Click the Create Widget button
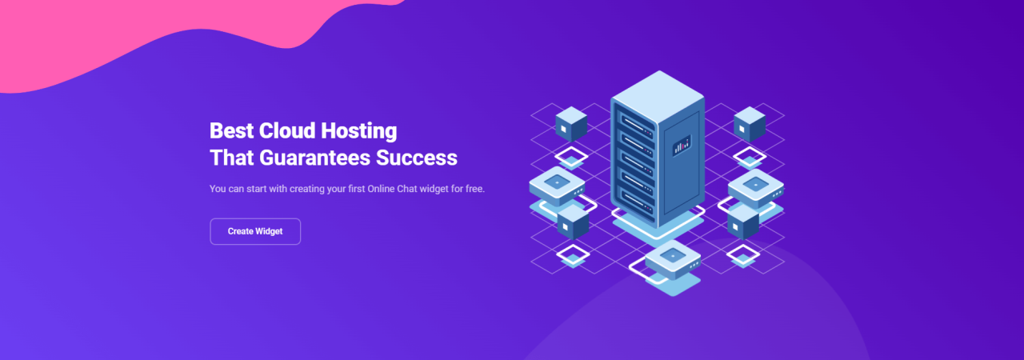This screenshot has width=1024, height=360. pyautogui.click(x=255, y=231)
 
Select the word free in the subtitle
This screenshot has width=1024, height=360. pyautogui.click(x=472, y=189)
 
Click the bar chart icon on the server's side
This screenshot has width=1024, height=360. pyautogui.click(x=682, y=145)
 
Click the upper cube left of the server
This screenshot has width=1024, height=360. pyautogui.click(x=570, y=124)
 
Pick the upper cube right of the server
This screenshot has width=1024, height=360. pyautogui.click(x=750, y=124)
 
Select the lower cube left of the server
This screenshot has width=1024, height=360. pyautogui.click(x=573, y=222)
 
